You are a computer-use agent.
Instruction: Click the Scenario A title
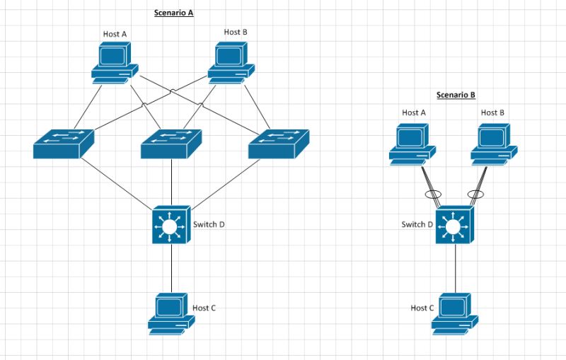(x=173, y=13)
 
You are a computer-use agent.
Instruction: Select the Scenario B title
(x=455, y=95)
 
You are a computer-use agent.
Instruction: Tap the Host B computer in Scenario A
(x=231, y=61)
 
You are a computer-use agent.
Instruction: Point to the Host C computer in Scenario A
(x=171, y=311)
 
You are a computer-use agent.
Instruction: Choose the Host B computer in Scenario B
(x=494, y=144)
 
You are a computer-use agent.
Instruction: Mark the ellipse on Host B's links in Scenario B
(x=475, y=194)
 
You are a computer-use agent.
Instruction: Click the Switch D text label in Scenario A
(x=209, y=225)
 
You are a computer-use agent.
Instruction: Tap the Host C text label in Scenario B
(x=422, y=308)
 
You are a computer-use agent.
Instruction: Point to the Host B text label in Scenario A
(x=236, y=32)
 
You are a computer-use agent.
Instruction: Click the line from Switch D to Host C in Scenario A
(x=171, y=269)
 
